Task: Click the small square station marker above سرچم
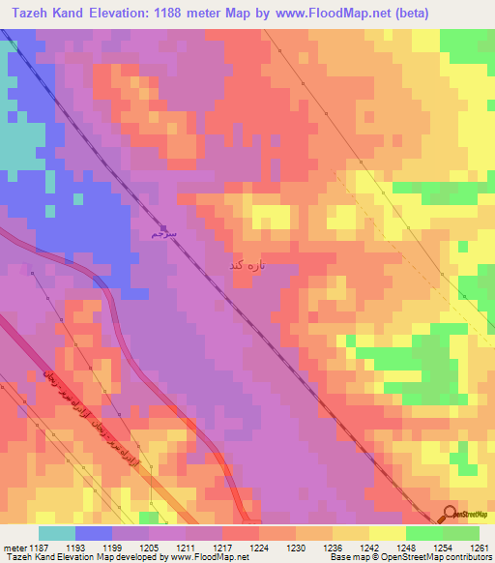pyautogui.click(x=163, y=228)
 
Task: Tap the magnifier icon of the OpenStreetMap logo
pyautogui.click(x=450, y=514)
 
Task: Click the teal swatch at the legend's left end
pyautogui.click(x=57, y=533)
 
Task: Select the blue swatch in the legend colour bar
pyautogui.click(x=94, y=533)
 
